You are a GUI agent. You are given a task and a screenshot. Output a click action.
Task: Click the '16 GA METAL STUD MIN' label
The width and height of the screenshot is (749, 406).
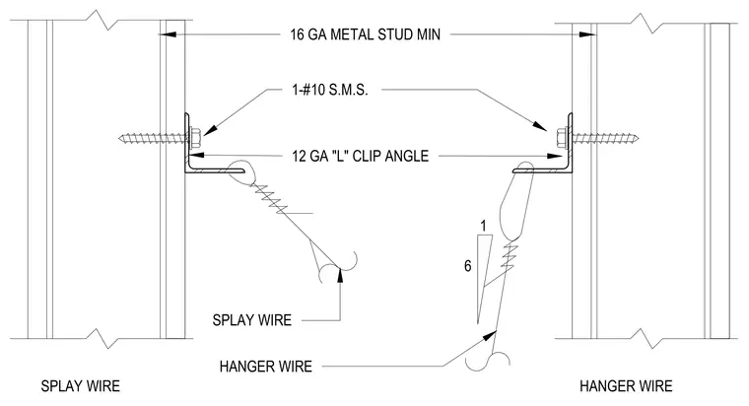(365, 34)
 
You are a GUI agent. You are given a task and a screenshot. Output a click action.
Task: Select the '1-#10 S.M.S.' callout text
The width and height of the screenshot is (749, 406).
(330, 90)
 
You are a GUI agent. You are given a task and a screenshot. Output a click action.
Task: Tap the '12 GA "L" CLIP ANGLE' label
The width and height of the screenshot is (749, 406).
(360, 156)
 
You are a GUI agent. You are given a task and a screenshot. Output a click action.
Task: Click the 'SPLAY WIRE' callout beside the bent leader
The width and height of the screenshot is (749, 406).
(251, 320)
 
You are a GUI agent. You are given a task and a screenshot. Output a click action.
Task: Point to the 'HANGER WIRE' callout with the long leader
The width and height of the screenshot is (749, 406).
(265, 367)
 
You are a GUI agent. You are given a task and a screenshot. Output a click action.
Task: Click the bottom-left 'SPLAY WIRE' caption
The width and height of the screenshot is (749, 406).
(80, 386)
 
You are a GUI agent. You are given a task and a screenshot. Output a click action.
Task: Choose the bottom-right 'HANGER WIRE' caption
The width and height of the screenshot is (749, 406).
(626, 386)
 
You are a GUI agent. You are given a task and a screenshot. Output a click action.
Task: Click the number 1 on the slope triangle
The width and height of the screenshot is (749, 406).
(484, 226)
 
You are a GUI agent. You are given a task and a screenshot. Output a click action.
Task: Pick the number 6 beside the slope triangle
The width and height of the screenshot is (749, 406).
(468, 266)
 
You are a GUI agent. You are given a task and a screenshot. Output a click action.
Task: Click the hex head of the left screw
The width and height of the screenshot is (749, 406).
(194, 138)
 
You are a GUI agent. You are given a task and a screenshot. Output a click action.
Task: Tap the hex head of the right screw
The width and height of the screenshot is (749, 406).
(563, 138)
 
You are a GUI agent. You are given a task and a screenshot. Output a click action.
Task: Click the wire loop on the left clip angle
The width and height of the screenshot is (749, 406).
(239, 172)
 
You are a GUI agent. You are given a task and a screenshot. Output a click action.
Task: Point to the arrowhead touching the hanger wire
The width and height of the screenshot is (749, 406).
(490, 335)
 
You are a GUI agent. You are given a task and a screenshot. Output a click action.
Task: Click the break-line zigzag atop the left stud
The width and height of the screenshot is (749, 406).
(102, 19)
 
